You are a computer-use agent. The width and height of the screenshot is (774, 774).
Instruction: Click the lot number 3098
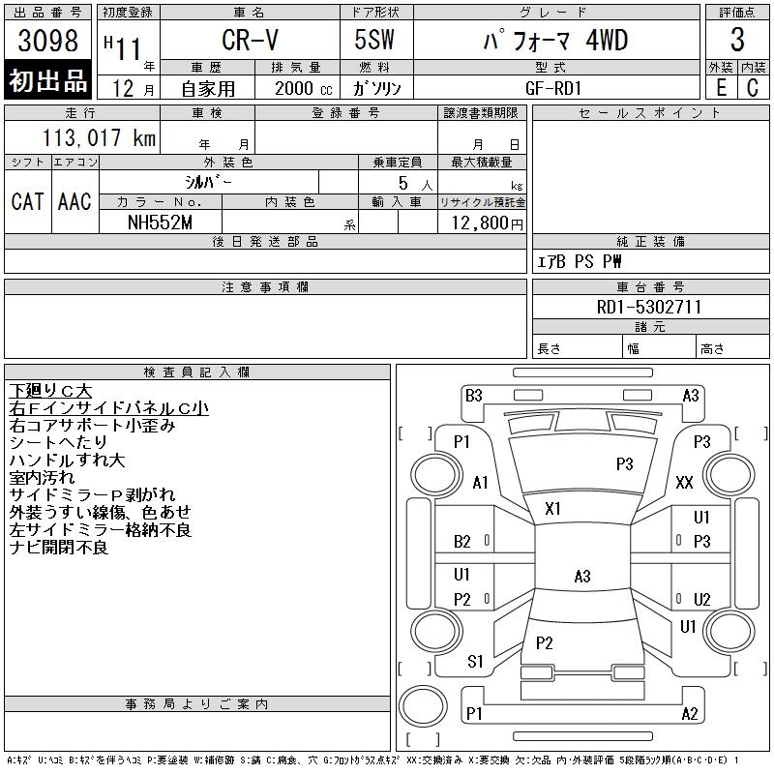click(47, 41)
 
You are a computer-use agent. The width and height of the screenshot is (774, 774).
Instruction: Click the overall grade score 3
click(737, 41)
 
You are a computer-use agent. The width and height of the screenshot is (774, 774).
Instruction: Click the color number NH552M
click(161, 223)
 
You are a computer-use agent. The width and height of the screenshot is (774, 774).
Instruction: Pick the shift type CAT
click(27, 201)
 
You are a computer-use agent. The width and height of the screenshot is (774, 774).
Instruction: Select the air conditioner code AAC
click(74, 201)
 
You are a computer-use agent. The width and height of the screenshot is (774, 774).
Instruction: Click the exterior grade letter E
click(721, 87)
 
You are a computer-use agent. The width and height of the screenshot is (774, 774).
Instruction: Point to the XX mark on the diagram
click(684, 482)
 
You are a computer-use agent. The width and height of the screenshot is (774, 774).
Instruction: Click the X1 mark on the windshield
click(553, 508)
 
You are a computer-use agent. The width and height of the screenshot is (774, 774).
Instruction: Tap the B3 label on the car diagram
click(473, 395)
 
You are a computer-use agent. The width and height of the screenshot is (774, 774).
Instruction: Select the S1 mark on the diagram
click(475, 662)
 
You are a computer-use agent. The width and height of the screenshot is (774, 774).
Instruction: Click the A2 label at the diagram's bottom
click(690, 714)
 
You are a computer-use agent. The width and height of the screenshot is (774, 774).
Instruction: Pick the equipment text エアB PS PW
click(580, 261)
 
